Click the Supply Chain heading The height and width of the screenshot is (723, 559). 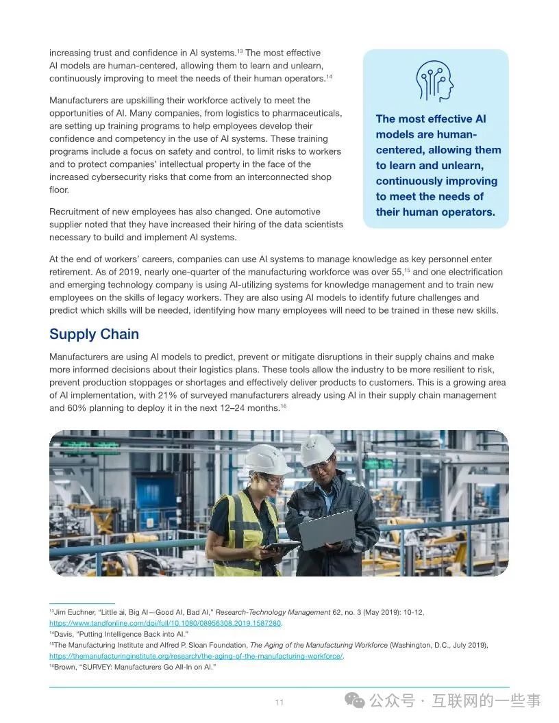(94, 334)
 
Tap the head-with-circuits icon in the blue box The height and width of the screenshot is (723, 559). (435, 81)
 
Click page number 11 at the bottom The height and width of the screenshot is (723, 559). (279, 702)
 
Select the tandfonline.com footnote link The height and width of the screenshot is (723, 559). (165, 623)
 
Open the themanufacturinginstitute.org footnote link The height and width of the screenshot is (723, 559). (196, 656)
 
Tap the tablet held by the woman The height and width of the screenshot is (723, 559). (280, 546)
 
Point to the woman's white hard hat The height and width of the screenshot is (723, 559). (266, 459)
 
